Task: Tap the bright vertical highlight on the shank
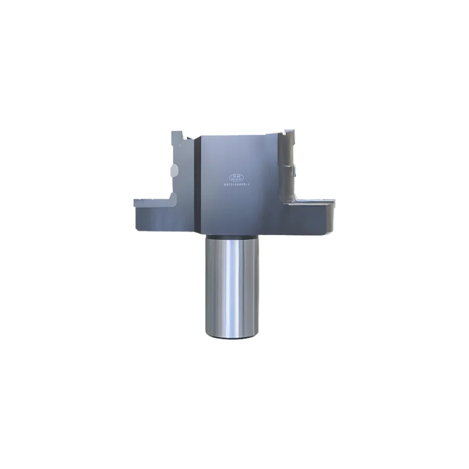pos(233,287)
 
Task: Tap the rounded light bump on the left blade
pos(172,171)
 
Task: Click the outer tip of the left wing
pos(136,205)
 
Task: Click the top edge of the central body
pos(235,135)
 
